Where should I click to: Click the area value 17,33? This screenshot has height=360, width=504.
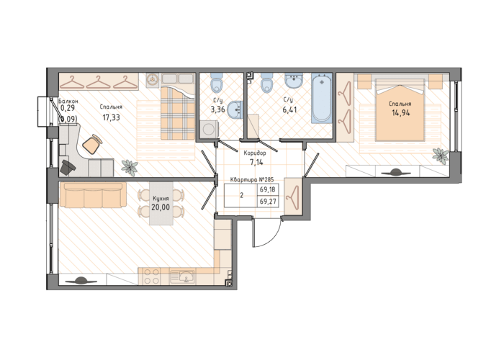111,117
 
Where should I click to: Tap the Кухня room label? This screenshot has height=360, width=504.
161,199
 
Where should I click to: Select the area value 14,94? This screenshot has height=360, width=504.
401,113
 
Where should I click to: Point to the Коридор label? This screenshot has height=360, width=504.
255,153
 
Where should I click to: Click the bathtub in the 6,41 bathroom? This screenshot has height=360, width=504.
322,98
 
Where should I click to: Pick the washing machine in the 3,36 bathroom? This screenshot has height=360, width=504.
209,129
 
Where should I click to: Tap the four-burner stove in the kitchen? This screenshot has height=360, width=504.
151,276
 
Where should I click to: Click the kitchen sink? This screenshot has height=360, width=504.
182,277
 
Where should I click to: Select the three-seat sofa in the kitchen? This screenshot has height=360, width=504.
91,195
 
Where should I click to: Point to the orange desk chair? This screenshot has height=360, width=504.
92,144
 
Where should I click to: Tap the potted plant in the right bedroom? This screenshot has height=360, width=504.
441,155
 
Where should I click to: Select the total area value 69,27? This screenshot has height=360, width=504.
267,202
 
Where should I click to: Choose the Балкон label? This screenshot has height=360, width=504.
68,101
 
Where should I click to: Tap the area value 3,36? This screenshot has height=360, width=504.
217,110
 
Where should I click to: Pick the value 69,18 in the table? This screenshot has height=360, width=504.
267,189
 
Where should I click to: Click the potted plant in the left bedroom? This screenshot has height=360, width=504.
130,166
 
